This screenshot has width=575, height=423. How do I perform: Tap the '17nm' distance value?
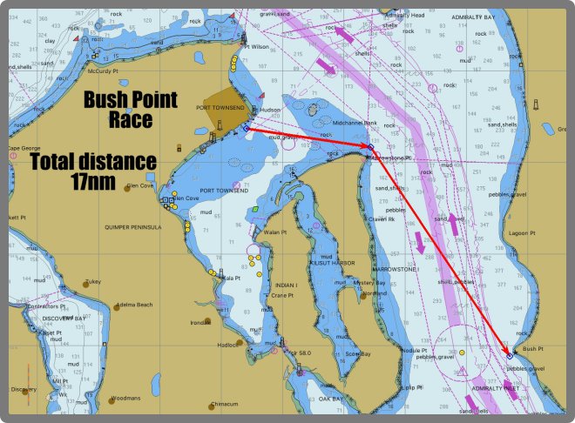(93, 182)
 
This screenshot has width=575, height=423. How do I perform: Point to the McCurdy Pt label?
(102, 72)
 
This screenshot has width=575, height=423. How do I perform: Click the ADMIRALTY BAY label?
(478, 17)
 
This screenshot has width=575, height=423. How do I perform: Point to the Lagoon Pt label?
(524, 233)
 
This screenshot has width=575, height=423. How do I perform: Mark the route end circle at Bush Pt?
(510, 355)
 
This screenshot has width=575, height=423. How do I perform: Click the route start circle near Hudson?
(247, 128)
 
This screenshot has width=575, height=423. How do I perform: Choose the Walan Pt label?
(275, 232)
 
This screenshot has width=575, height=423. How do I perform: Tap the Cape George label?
(24, 148)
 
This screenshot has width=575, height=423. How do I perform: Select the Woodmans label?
(126, 398)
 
